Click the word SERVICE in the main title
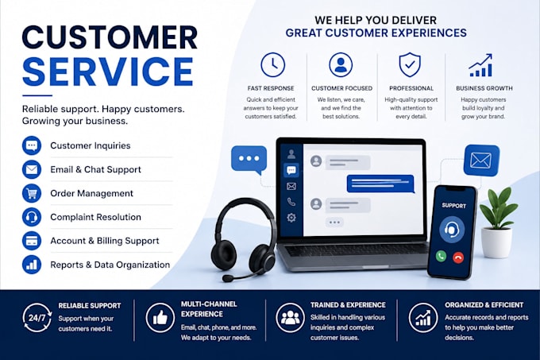click(108, 72)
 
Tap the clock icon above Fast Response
click(272, 64)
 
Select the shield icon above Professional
click(410, 64)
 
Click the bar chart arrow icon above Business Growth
click(480, 65)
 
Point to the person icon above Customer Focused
click(341, 64)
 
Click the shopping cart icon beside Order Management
click(32, 193)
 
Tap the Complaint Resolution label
click(96, 217)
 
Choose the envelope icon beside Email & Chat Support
click(32, 169)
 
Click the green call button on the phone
click(441, 256)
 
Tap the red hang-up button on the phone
click(458, 257)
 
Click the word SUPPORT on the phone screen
click(453, 206)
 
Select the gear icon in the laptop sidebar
click(291, 218)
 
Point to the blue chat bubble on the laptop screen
click(380, 184)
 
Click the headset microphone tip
click(226, 278)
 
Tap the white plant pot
click(496, 242)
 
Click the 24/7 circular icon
click(37, 318)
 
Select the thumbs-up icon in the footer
click(160, 318)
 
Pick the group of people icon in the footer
click(291, 318)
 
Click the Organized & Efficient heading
click(484, 305)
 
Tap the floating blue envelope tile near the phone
click(481, 161)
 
